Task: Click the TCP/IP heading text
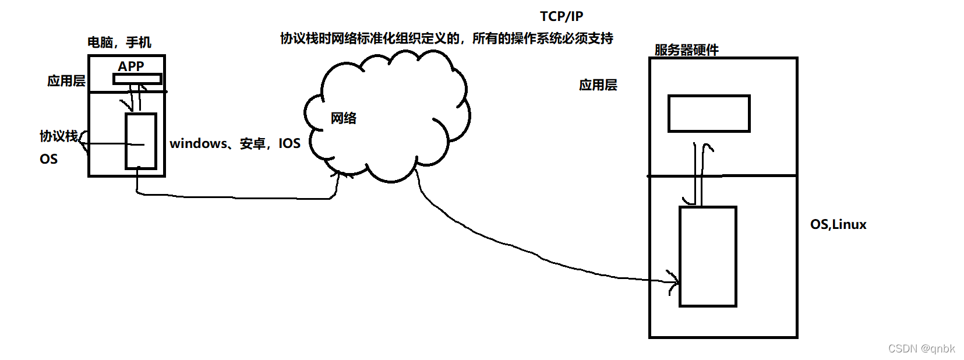click(x=561, y=16)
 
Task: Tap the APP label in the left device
click(x=130, y=66)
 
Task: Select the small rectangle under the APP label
click(x=137, y=79)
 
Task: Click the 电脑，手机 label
click(x=119, y=42)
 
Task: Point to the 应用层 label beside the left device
click(x=66, y=81)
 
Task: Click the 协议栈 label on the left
click(x=58, y=136)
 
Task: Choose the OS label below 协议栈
click(x=48, y=159)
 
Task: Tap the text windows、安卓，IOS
click(x=235, y=143)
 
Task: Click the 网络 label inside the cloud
click(x=344, y=118)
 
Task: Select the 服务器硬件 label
click(x=686, y=50)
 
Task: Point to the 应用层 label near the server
click(x=598, y=85)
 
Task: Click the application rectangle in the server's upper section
click(x=708, y=114)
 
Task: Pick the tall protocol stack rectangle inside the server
click(x=708, y=256)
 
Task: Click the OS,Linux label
click(x=838, y=224)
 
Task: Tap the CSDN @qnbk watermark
click(x=921, y=348)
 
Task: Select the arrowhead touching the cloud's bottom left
click(x=341, y=173)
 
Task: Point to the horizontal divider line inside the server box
click(x=723, y=175)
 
